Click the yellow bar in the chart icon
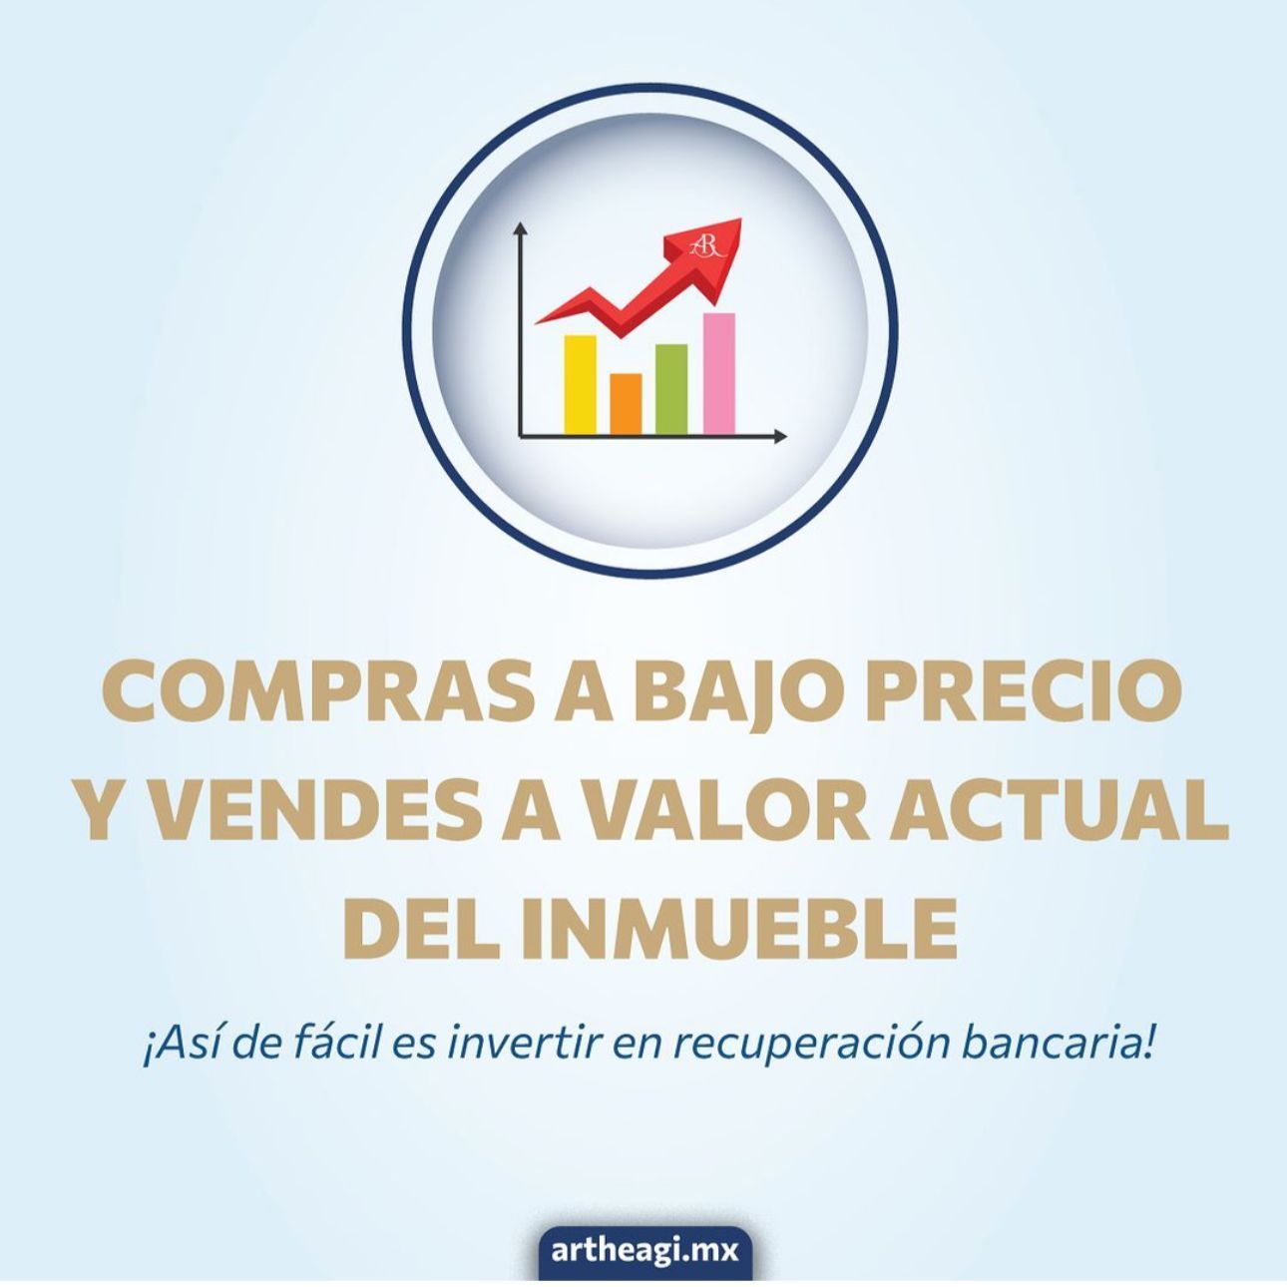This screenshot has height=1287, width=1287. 580,385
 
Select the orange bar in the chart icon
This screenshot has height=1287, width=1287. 626,404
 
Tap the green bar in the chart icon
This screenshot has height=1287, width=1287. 671,389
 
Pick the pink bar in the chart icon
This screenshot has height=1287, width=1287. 718,374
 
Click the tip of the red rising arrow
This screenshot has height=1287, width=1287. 740,219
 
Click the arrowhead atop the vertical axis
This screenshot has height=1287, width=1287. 520,228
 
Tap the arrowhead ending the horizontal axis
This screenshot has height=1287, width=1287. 781,437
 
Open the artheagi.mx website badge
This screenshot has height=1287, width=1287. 645,1250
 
